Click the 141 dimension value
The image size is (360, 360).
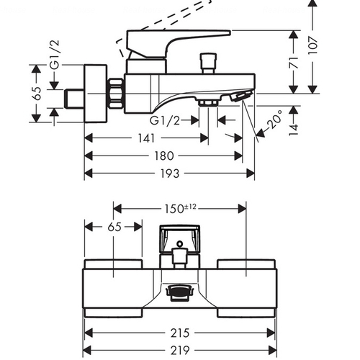coord(146,138)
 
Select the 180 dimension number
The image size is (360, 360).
coord(163,156)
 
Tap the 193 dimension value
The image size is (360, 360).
coord(170,174)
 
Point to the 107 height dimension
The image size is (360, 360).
coord(312,45)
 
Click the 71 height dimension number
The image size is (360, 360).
coord(294,63)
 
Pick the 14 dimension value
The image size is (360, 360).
coord(294,130)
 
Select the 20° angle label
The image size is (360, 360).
coord(275,120)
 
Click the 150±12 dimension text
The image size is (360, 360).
coord(180,208)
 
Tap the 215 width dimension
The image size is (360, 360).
coord(180,333)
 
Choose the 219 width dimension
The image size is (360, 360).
coord(180,351)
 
